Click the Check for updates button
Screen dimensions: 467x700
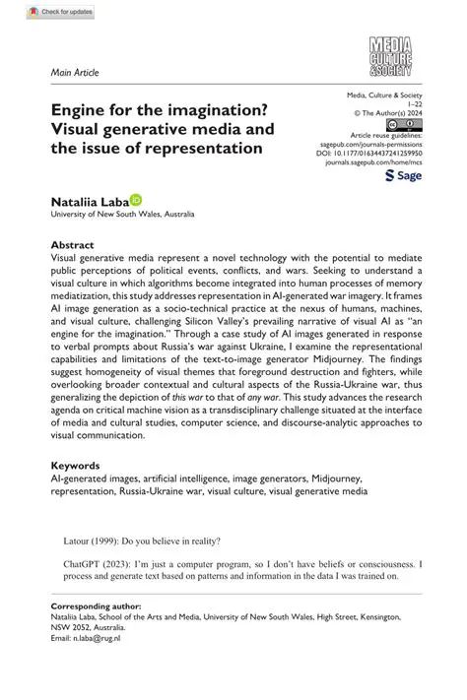(61, 13)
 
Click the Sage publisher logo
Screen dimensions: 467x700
(401, 174)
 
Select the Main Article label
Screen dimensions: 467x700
(75, 73)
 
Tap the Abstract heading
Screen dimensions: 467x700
(73, 244)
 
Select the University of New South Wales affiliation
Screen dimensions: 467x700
(123, 214)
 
